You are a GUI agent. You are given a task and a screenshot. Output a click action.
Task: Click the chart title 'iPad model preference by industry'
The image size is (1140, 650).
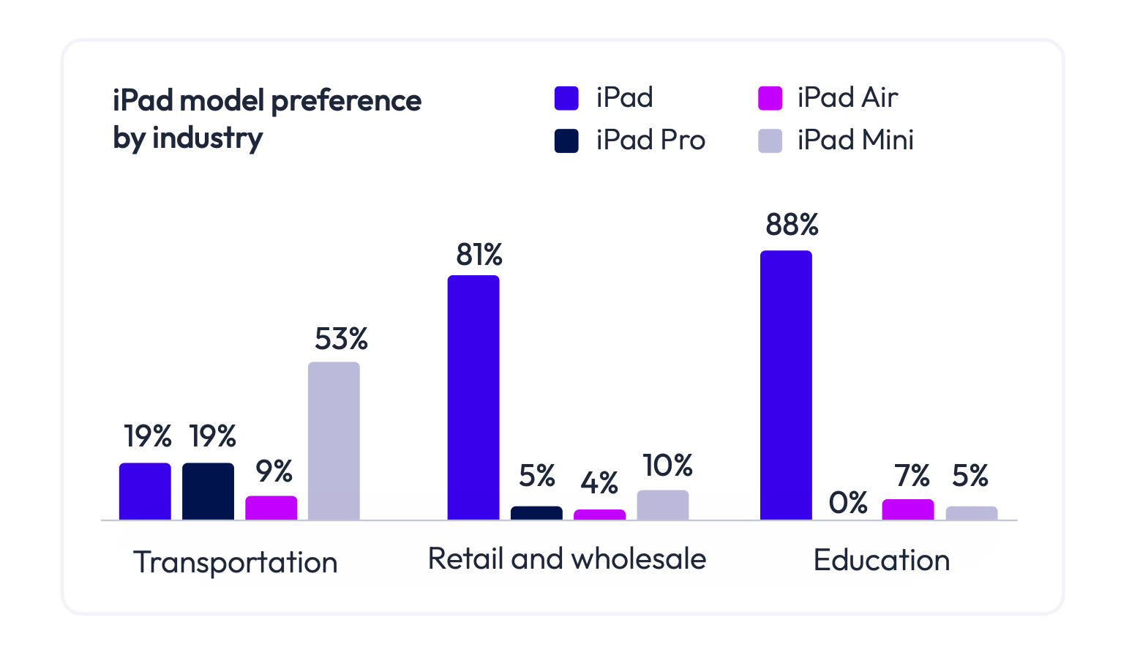pyautogui.click(x=266, y=119)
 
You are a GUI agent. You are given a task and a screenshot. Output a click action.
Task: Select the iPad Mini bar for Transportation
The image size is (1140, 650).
pyautogui.click(x=334, y=441)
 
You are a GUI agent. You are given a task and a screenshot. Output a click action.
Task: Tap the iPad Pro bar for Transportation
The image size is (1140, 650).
pyautogui.click(x=208, y=491)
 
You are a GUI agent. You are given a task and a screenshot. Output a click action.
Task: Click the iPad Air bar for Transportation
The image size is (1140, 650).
pyautogui.click(x=271, y=508)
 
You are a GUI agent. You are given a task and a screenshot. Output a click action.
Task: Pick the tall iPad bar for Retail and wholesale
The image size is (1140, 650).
pyautogui.click(x=473, y=397)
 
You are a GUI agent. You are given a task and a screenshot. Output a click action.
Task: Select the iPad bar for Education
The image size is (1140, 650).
pyautogui.click(x=786, y=385)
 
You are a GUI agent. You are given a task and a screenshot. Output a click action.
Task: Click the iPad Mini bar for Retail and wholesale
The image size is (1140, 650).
pyautogui.click(x=663, y=505)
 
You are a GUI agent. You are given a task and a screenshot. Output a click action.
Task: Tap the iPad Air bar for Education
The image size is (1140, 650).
pyautogui.click(x=908, y=509)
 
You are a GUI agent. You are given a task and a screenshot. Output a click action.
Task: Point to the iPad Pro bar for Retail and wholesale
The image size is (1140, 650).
pyautogui.click(x=536, y=513)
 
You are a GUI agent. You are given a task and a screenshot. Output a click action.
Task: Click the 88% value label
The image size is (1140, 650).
pyautogui.click(x=792, y=225)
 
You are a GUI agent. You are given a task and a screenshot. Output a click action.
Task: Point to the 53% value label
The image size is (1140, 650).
pyautogui.click(x=341, y=339)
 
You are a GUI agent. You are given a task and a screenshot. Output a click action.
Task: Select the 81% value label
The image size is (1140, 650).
pyautogui.click(x=479, y=255)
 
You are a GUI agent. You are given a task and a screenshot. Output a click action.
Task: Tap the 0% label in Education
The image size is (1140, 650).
pyautogui.click(x=848, y=503)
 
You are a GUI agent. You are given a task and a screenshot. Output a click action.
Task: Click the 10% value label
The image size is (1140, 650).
pyautogui.click(x=667, y=466)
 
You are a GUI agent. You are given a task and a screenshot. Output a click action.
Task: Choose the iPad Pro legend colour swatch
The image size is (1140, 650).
pyautogui.click(x=566, y=141)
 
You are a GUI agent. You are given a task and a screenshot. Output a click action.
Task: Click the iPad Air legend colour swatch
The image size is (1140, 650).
pyautogui.click(x=770, y=98)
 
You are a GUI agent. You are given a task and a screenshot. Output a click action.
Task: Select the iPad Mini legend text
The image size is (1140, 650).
pyautogui.click(x=855, y=141)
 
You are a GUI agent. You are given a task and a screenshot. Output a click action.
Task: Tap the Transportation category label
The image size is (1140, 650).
pyautogui.click(x=236, y=562)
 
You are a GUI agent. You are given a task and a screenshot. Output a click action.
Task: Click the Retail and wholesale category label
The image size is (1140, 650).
pyautogui.click(x=567, y=559)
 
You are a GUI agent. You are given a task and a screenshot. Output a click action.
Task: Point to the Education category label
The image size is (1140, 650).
pyautogui.click(x=882, y=561)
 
